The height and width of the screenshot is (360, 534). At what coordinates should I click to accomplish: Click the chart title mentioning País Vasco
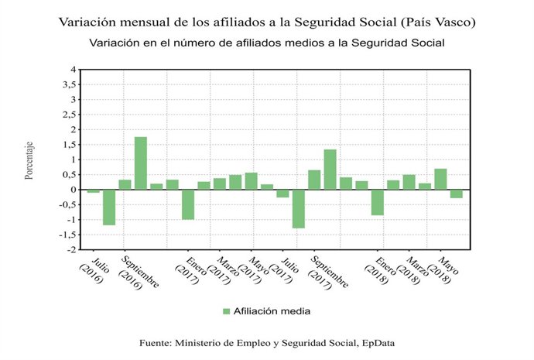[x=267, y=22]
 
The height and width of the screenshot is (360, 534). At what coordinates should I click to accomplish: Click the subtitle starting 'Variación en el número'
[x=267, y=42]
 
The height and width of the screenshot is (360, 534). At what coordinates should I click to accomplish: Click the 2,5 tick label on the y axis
[x=70, y=115]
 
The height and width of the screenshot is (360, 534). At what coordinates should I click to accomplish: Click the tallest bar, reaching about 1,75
[x=141, y=163]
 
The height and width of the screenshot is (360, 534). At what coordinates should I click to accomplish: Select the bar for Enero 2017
[x=188, y=204]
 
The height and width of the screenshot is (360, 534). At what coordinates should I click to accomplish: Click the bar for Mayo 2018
[x=440, y=179]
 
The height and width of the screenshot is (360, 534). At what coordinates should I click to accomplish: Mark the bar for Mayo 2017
[x=252, y=181]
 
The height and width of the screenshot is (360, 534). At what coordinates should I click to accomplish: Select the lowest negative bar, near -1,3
[x=298, y=209]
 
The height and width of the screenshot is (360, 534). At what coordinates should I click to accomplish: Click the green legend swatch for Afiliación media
[x=227, y=311]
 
